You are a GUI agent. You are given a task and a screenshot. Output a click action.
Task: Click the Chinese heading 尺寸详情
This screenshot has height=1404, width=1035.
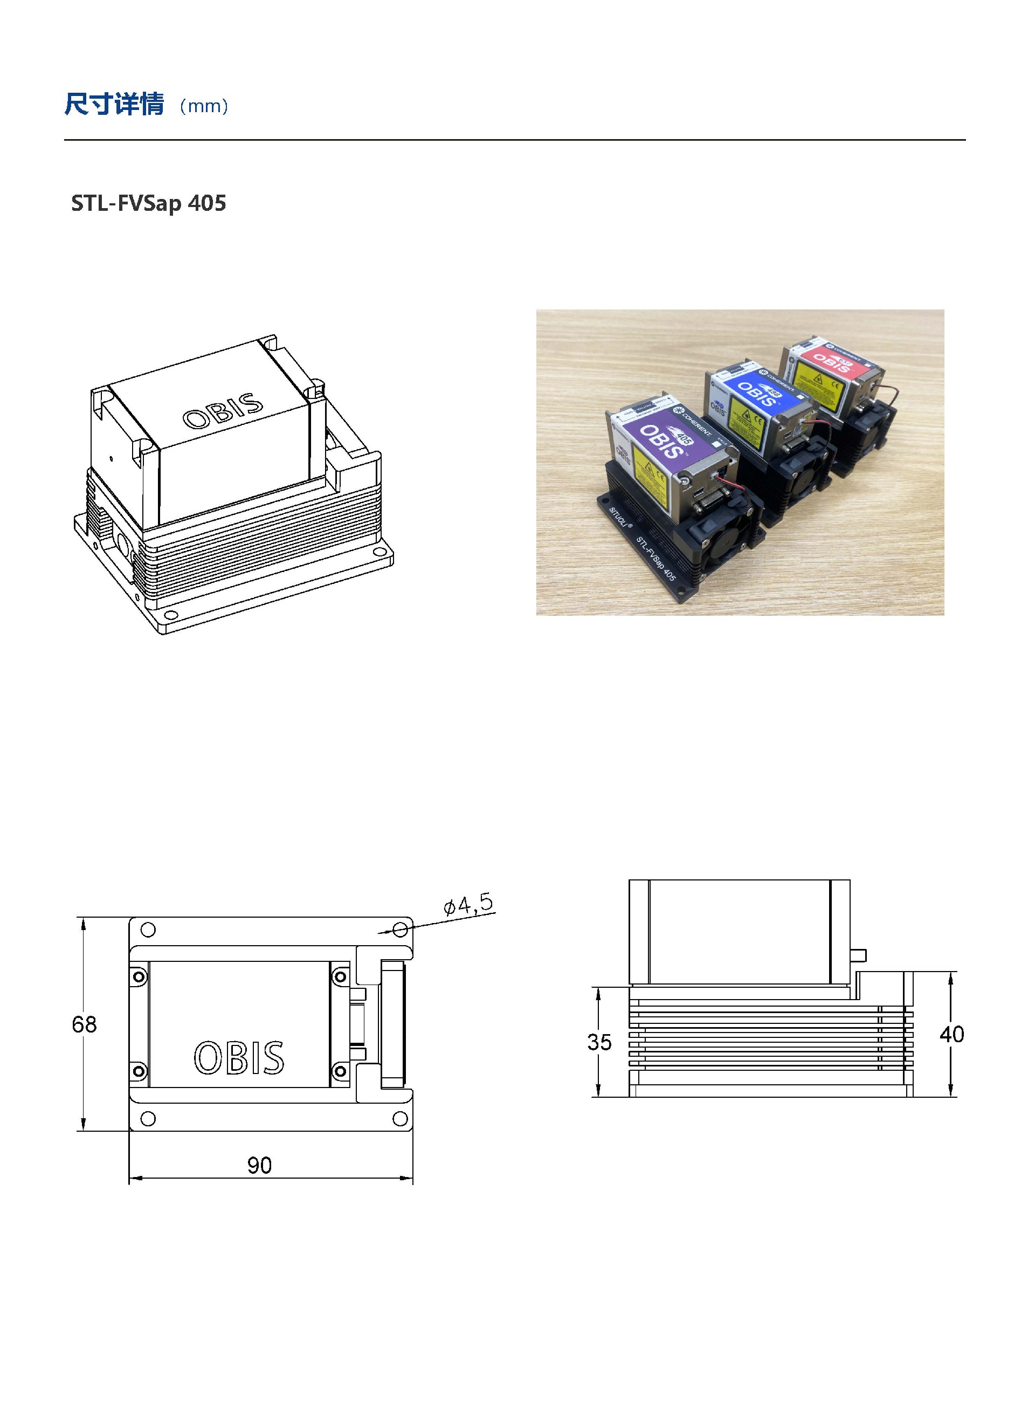click(x=114, y=104)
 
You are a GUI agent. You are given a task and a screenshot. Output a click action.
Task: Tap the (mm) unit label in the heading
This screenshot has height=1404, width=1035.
click(x=204, y=106)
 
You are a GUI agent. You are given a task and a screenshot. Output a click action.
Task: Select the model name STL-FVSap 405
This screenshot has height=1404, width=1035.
click(x=148, y=203)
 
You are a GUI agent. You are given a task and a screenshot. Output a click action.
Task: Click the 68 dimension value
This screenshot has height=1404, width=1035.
click(x=84, y=1025)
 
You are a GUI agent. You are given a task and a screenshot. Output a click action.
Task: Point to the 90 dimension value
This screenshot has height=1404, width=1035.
click(x=259, y=1166)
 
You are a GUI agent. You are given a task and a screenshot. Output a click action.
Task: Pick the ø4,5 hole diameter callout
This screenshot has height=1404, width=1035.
click(x=468, y=905)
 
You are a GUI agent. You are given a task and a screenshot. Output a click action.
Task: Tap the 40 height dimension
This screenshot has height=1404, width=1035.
click(x=951, y=1034)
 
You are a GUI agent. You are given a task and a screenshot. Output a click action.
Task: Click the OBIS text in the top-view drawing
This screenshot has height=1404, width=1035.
click(x=239, y=1058)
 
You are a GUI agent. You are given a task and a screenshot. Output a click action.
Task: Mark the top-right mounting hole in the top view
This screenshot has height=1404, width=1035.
click(x=400, y=929)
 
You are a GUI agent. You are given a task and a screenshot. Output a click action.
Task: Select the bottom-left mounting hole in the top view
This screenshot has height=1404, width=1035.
click(x=148, y=1118)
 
